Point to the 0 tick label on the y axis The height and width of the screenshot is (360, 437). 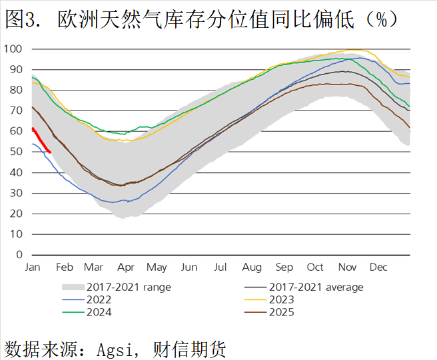pyautogui.click(x=19, y=255)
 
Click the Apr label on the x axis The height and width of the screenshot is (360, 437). pyautogui.click(x=126, y=268)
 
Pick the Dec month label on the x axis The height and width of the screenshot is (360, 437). pyautogui.click(x=378, y=268)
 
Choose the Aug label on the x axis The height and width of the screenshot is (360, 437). pyautogui.click(x=252, y=268)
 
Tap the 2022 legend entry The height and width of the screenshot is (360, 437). pyautogui.click(x=99, y=299)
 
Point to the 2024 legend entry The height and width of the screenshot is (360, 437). pyautogui.click(x=99, y=312)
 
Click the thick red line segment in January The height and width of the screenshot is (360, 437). pyautogui.click(x=41, y=141)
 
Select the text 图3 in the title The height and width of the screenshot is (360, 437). pyautogui.click(x=20, y=19)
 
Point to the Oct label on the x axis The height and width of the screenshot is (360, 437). pyautogui.click(x=315, y=268)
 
